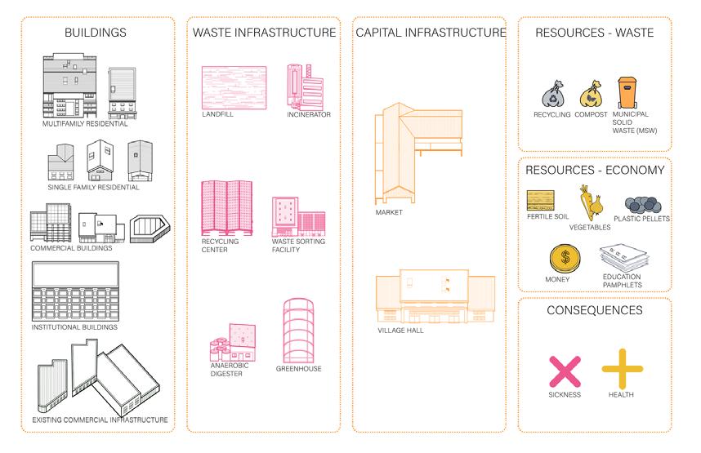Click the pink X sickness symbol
[565, 371]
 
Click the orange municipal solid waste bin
[627, 93]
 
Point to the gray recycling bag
[550, 95]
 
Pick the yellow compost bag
[589, 95]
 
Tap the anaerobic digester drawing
[232, 342]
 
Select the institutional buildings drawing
[75, 291]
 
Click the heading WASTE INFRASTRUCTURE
[264, 33]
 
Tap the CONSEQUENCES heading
[594, 310]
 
